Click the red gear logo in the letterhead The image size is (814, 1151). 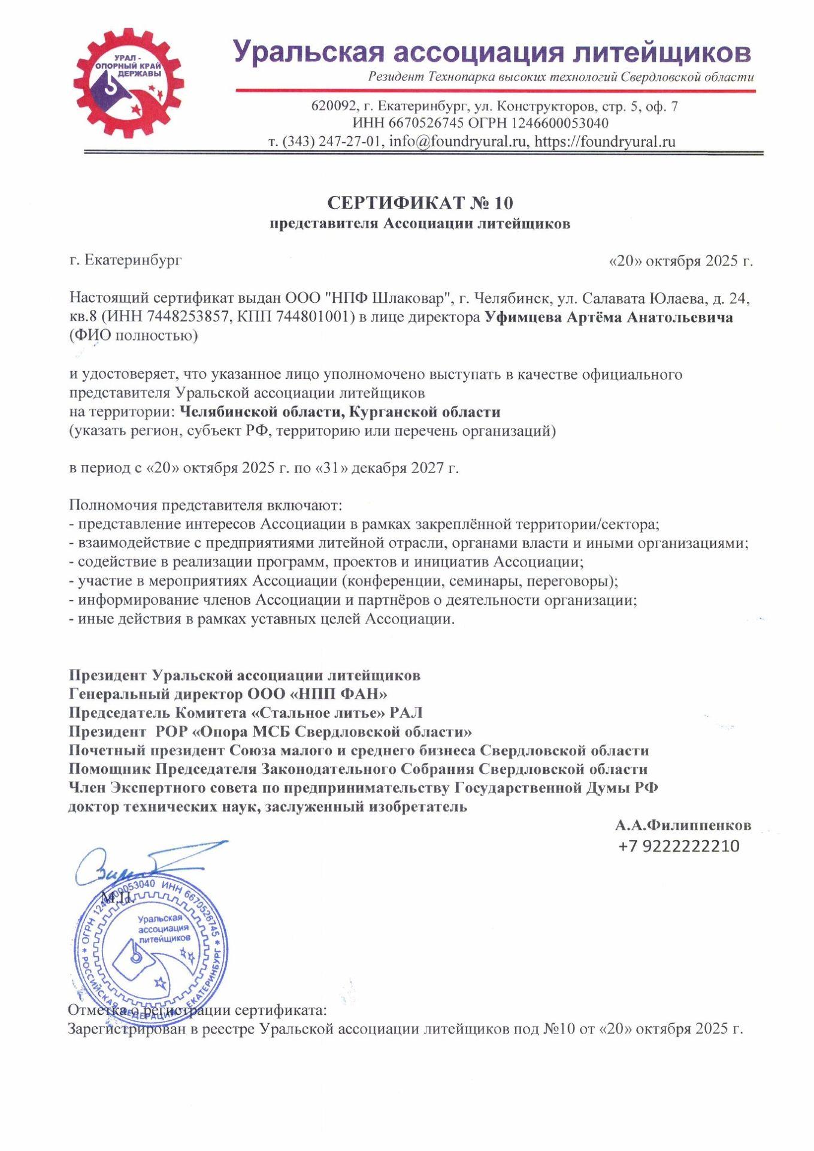click(128, 84)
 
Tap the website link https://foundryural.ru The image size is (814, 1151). click(604, 141)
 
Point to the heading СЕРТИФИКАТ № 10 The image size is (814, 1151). click(420, 203)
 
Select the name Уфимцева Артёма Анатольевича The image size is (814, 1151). click(608, 317)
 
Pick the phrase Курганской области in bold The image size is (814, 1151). click(425, 412)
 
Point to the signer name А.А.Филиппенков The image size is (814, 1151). click(682, 825)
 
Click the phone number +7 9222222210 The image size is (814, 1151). click(679, 846)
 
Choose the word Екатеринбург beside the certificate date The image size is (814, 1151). click(132, 260)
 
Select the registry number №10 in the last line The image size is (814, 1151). click(559, 1029)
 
